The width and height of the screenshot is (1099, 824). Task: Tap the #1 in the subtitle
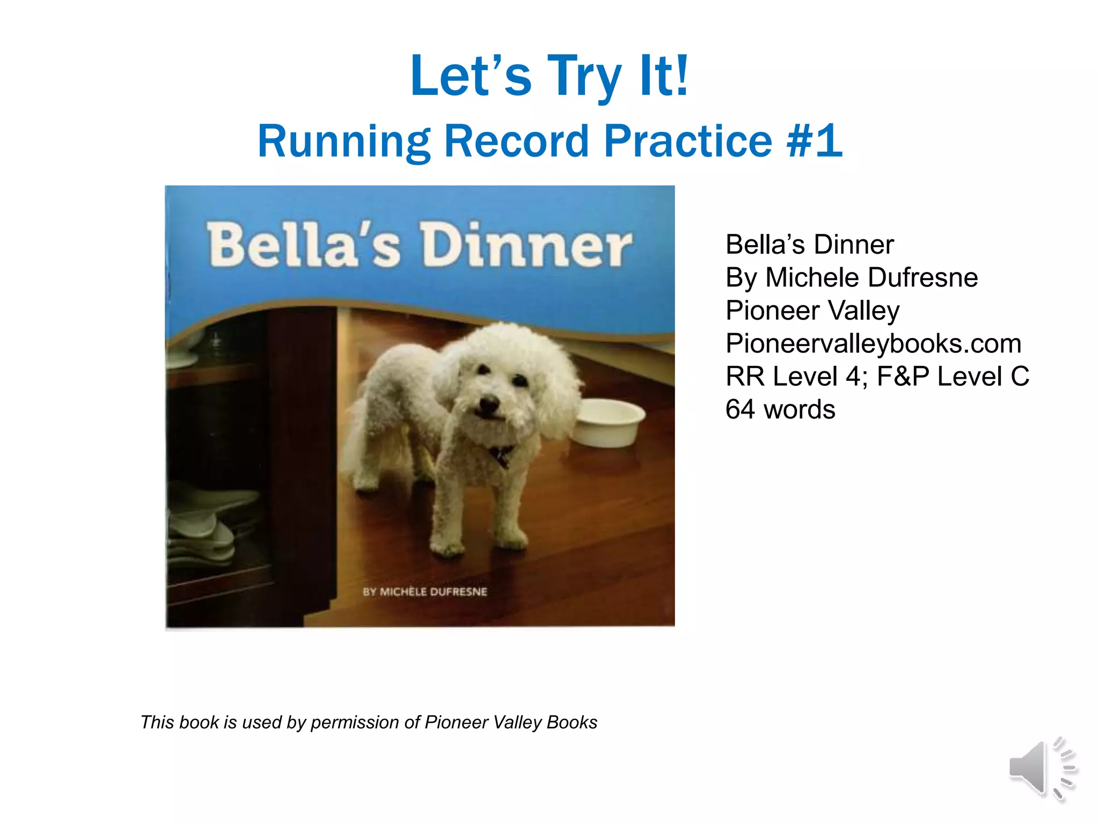(815, 141)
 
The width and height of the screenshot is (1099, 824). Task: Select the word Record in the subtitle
(516, 141)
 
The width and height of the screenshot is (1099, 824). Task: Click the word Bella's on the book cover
(304, 246)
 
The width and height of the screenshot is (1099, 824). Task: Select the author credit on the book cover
(425, 592)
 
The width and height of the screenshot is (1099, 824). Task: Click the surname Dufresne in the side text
(923, 278)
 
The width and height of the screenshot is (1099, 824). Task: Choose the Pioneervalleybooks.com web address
(873, 343)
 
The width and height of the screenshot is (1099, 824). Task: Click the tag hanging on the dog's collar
(501, 456)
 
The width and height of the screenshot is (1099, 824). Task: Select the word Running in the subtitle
(344, 141)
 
